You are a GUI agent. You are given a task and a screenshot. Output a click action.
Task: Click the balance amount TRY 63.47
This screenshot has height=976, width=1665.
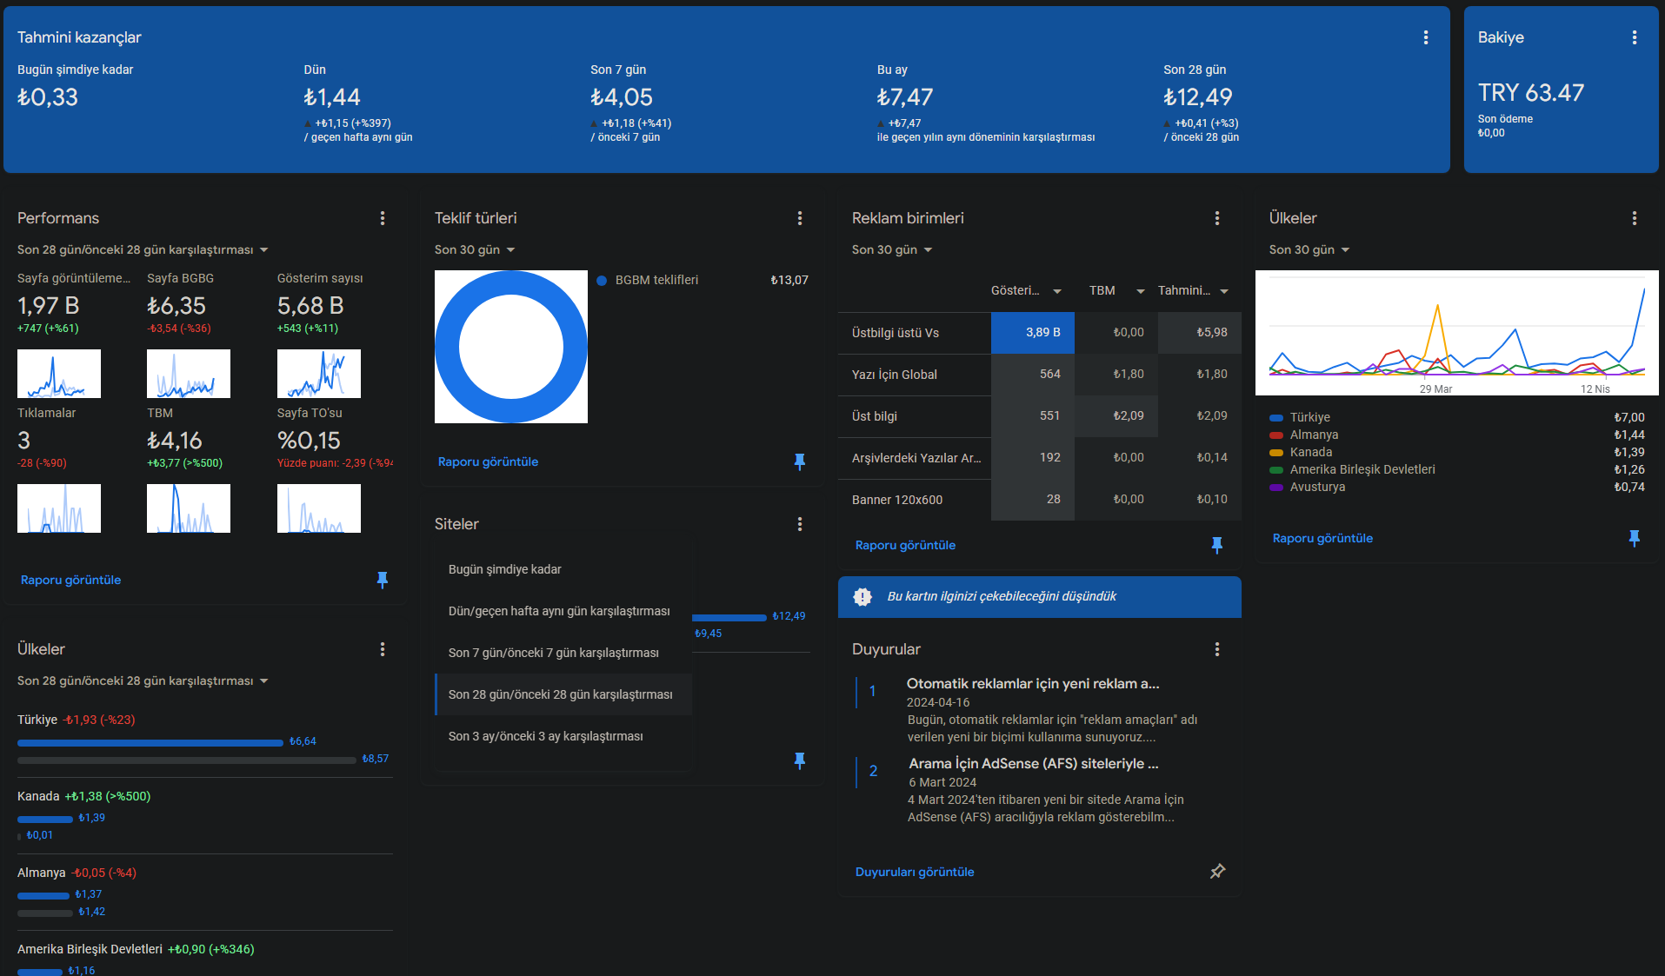click(1530, 92)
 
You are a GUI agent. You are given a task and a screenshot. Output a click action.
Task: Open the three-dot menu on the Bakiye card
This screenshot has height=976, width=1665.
click(1635, 37)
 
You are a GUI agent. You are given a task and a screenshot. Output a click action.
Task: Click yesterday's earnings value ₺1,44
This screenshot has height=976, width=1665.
click(331, 97)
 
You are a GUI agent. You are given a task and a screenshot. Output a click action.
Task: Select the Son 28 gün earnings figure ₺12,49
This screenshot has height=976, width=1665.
click(1197, 97)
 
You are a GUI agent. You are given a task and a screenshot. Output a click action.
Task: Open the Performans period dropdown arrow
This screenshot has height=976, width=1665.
click(264, 250)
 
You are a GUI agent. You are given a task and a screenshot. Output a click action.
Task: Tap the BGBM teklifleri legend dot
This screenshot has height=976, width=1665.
click(602, 280)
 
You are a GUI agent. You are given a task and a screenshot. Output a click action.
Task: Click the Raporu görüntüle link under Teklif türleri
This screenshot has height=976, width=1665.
click(488, 461)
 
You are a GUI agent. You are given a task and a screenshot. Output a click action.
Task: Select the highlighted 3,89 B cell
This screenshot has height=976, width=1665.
click(1033, 333)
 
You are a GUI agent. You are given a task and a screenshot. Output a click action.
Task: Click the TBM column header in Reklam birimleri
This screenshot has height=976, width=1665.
click(1102, 290)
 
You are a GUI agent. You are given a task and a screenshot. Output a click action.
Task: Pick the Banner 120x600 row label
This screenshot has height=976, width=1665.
click(897, 500)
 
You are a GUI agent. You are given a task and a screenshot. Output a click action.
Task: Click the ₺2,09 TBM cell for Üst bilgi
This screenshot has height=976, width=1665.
click(1129, 415)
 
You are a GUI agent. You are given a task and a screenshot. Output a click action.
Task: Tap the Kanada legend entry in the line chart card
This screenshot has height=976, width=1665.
click(1311, 452)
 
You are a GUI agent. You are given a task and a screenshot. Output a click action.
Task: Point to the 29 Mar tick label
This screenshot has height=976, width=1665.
click(1435, 388)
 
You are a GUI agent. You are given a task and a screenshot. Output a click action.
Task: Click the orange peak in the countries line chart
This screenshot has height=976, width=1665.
click(1437, 306)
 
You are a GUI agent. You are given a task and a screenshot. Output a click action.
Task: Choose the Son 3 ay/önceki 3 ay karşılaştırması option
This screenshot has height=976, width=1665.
click(546, 736)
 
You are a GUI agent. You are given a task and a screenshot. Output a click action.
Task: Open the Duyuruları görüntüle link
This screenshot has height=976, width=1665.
click(915, 872)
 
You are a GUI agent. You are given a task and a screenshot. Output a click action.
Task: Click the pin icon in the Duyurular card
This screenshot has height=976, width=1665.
click(1217, 871)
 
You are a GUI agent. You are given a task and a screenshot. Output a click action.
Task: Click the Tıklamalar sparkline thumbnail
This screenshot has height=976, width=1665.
click(59, 508)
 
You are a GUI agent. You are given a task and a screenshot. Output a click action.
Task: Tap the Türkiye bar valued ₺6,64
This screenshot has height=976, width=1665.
click(150, 743)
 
